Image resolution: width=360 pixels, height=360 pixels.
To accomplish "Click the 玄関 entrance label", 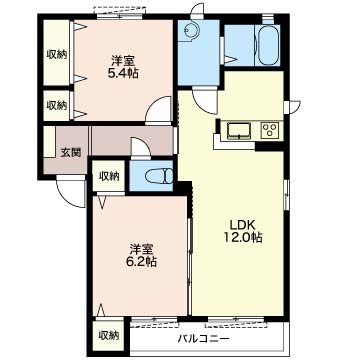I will coord(70,152).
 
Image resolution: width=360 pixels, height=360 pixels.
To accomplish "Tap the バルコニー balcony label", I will coord(201,337).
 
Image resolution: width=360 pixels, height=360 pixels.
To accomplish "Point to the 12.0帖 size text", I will coord(242,238).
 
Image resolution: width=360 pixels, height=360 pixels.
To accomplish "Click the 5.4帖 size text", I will coord(125,72).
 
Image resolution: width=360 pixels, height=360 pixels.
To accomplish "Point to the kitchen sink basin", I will coord(238,130).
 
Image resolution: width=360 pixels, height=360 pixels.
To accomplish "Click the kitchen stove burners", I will coord(269,130).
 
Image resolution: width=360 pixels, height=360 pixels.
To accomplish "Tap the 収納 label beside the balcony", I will coord(108,334).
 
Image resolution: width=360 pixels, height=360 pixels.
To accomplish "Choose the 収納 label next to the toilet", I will coord(108,176).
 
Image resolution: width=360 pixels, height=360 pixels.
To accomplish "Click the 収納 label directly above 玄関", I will coord(56,105).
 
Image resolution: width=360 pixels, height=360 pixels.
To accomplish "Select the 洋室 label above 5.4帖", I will coord(125,58).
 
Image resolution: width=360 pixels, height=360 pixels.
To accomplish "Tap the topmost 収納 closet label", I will coord(56,56).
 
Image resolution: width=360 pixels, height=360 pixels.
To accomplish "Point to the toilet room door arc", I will coord(141,148).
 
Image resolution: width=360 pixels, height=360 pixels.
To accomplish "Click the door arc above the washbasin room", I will coord(198,12).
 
